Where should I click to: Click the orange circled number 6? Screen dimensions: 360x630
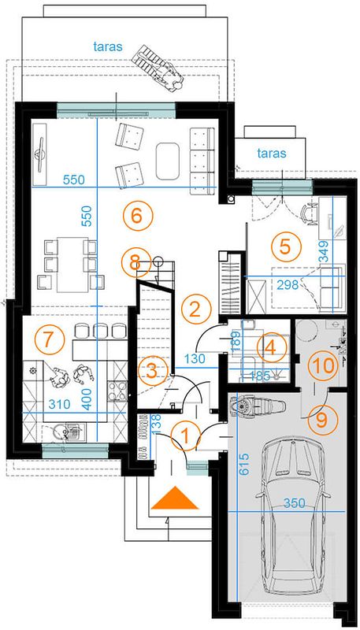(137, 216)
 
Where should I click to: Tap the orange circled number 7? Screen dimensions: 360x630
(49, 340)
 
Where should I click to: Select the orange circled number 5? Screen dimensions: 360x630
(284, 246)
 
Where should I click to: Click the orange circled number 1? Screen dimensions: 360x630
(186, 436)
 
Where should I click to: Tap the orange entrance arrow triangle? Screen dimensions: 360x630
(175, 498)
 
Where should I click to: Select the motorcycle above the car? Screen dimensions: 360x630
(257, 407)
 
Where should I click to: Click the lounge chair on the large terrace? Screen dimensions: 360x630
(158, 68)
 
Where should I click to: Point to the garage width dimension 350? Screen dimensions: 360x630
(292, 503)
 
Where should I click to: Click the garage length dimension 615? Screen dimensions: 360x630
(243, 465)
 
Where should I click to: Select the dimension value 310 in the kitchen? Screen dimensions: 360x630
(59, 403)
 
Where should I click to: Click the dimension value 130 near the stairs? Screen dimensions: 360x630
(195, 359)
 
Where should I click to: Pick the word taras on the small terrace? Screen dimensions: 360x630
(272, 153)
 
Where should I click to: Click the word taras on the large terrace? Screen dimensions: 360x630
(108, 46)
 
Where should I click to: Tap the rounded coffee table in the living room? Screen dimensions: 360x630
(167, 161)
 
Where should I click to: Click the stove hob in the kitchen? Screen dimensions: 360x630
(117, 391)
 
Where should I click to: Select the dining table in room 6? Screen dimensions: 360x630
(72, 264)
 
